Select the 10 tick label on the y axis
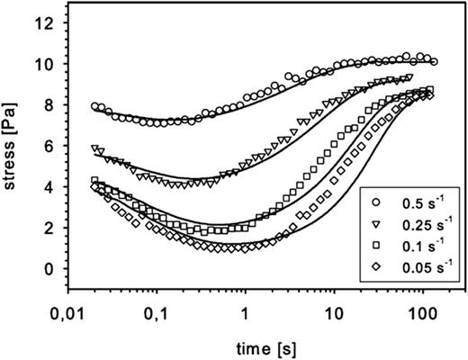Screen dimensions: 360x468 tap(49, 65)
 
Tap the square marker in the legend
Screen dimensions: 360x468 tap(373, 242)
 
